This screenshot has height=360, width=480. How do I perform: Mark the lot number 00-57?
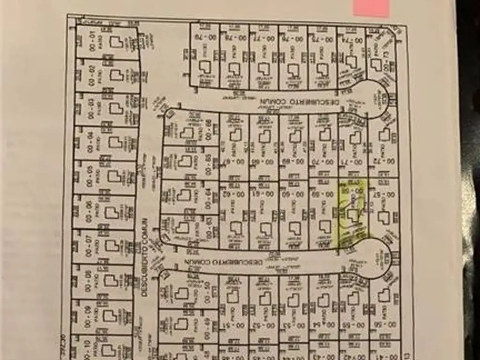[383, 193]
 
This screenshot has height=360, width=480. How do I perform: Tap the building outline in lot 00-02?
[114, 74]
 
